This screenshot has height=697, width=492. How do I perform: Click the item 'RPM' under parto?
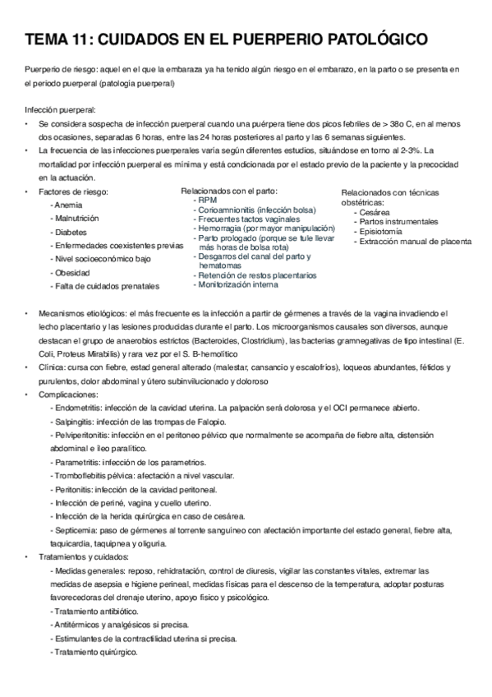[206, 201]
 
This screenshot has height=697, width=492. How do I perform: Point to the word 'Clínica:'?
[54, 369]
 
